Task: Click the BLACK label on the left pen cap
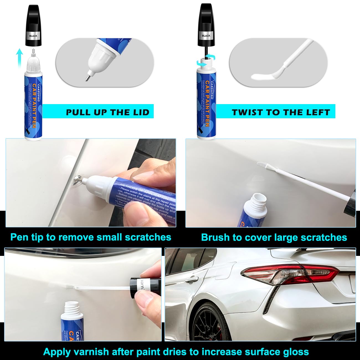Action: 33,36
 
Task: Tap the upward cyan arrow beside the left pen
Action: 19,57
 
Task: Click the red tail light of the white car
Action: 288,273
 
